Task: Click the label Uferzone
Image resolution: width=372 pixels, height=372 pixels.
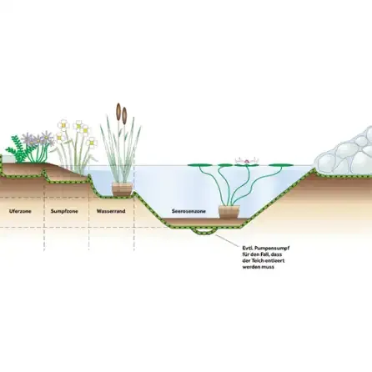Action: pyautogui.click(x=20, y=211)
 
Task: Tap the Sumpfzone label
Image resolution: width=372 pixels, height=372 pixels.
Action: pyautogui.click(x=64, y=211)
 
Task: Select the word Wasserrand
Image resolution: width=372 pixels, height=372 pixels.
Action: pyautogui.click(x=111, y=211)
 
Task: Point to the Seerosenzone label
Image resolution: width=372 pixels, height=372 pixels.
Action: pyautogui.click(x=189, y=211)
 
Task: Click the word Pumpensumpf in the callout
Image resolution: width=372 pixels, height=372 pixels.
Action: pyautogui.click(x=272, y=249)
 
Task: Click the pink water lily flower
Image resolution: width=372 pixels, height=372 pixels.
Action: pyautogui.click(x=247, y=160)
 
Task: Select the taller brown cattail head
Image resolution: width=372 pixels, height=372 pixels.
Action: pyautogui.click(x=118, y=112)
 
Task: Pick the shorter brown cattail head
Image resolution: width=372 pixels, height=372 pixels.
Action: pyautogui.click(x=124, y=115)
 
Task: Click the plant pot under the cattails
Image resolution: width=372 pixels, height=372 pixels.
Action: pyautogui.click(x=122, y=189)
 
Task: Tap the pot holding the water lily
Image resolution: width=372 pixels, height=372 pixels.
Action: pyautogui.click(x=229, y=212)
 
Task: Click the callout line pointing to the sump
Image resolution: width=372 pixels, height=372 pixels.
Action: pyautogui.click(x=228, y=240)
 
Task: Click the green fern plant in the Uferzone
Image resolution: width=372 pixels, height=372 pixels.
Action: pyautogui.click(x=18, y=148)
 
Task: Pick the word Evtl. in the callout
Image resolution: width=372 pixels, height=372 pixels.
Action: pyautogui.click(x=248, y=248)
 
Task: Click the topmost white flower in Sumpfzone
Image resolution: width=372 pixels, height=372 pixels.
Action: pyautogui.click(x=63, y=125)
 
